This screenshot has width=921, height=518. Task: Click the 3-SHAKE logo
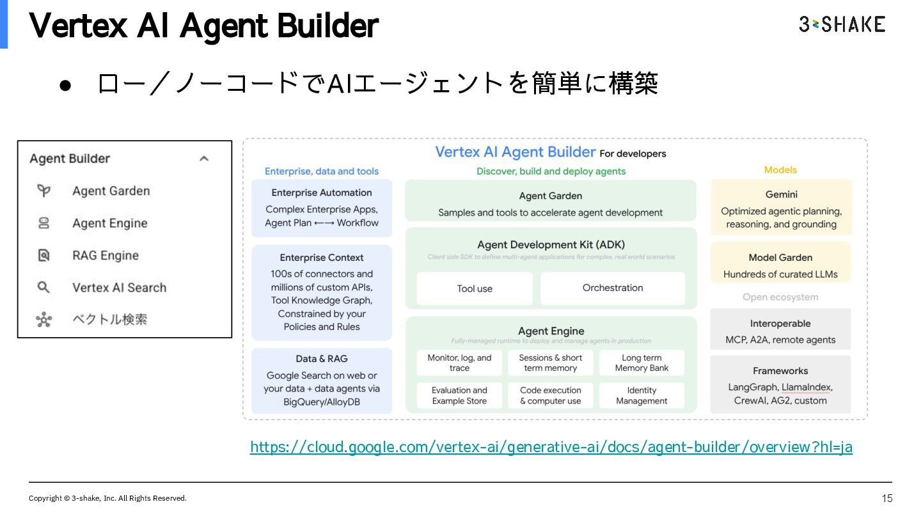[x=842, y=24]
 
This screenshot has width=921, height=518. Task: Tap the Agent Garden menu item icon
[x=43, y=191]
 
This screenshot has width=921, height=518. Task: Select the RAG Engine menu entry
[x=106, y=255]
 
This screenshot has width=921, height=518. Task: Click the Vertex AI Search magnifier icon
[x=43, y=287]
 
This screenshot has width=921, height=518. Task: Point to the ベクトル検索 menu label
[x=110, y=319]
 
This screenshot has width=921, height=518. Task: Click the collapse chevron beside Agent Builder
[x=204, y=159]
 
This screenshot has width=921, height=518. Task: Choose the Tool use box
[x=475, y=288]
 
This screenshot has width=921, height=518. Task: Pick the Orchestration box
[x=612, y=288]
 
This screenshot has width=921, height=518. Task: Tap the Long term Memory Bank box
[x=642, y=363]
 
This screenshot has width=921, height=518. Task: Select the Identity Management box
[x=642, y=395]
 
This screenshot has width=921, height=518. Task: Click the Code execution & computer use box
[x=550, y=395]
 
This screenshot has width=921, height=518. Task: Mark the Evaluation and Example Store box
[x=459, y=395]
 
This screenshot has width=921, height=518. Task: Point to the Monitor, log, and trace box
[x=459, y=363]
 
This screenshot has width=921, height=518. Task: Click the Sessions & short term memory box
[x=550, y=363]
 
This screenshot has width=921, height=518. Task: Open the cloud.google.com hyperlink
[x=551, y=447]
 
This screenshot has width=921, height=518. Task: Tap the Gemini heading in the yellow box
[x=781, y=194]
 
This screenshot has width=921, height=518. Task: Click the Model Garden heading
[x=780, y=258]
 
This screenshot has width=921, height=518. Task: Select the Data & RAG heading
[x=322, y=359]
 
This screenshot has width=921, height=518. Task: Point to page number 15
[x=886, y=498]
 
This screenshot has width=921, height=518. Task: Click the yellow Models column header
[x=780, y=170]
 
